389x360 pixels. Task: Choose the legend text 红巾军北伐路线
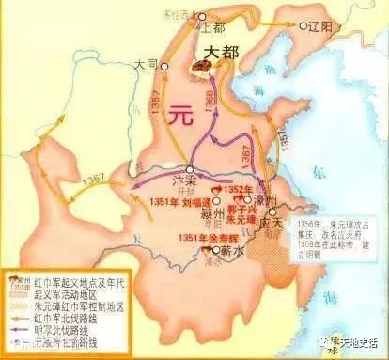(74, 314)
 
